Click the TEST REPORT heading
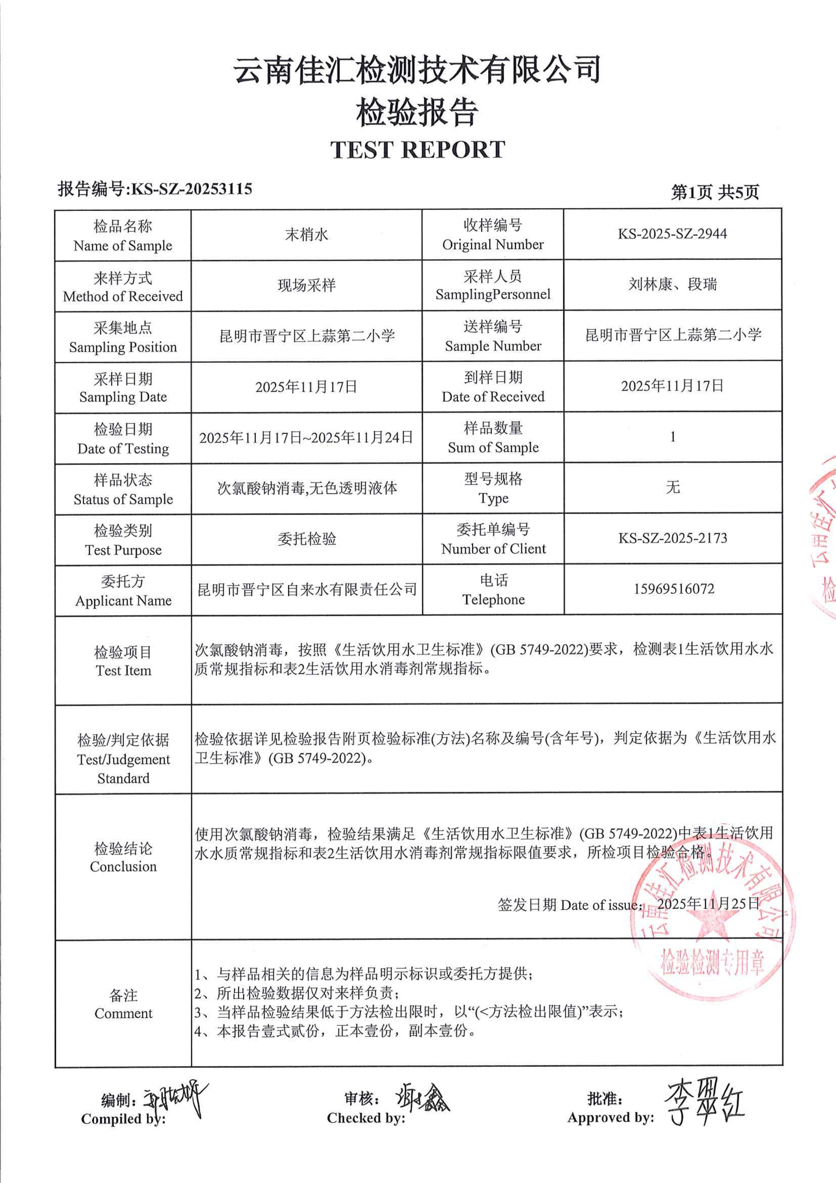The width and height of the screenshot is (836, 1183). click(x=418, y=150)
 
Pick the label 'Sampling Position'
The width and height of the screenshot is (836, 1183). click(x=123, y=347)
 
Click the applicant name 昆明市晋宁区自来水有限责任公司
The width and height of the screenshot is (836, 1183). click(x=307, y=589)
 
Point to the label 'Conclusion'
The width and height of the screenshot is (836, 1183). click(x=123, y=867)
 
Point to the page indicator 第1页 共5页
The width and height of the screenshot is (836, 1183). click(x=714, y=192)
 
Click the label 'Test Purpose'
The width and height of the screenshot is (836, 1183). click(x=123, y=550)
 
